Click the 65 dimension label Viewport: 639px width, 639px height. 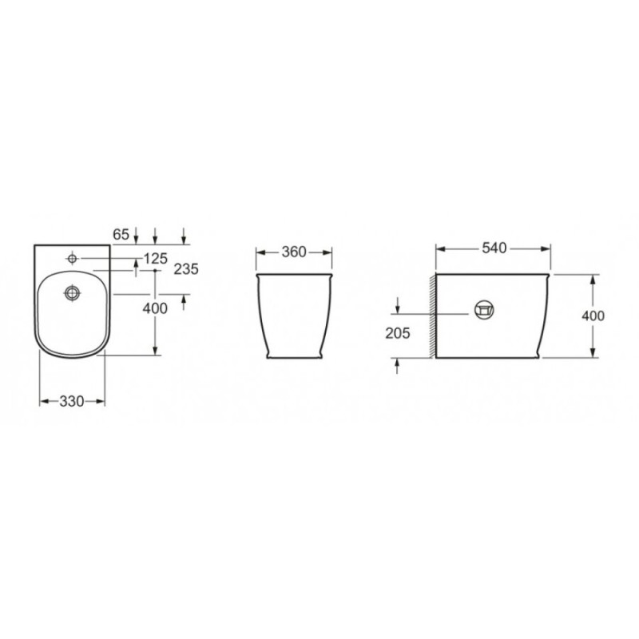coord(121,234)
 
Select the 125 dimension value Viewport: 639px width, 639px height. coord(156,258)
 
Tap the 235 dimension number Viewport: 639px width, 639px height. coord(186,269)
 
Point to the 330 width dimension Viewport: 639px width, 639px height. coord(72,402)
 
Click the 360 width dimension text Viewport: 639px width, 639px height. coord(294,252)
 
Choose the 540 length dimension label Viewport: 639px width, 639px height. coord(494,248)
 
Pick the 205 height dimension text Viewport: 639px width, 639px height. coord(398,333)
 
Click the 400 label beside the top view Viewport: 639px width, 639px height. coord(155,308)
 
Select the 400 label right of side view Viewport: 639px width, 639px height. coord(593,316)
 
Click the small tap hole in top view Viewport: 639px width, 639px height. coord(72,258)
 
